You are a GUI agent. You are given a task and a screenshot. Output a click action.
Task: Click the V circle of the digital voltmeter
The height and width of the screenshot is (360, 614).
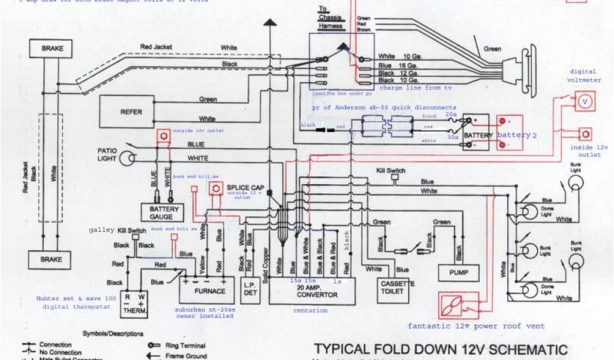[585, 102]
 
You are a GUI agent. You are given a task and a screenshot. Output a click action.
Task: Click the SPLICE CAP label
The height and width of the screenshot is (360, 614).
[242, 187]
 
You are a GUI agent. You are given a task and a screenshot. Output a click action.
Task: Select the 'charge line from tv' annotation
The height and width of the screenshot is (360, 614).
[416, 88]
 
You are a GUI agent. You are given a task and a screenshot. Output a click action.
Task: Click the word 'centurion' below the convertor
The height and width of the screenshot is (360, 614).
[311, 310]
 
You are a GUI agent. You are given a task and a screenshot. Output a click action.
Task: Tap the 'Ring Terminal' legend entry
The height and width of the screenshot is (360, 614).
[186, 346]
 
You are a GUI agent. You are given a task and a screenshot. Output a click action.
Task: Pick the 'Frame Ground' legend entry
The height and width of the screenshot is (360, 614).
[186, 355]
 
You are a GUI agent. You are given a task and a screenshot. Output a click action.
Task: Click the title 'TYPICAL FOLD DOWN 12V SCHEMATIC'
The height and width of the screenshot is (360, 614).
[440, 349]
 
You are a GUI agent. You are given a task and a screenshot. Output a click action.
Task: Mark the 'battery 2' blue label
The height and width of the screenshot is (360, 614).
[517, 135]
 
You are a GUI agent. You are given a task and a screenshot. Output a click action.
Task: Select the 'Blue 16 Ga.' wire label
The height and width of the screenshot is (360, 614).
[398, 65]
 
